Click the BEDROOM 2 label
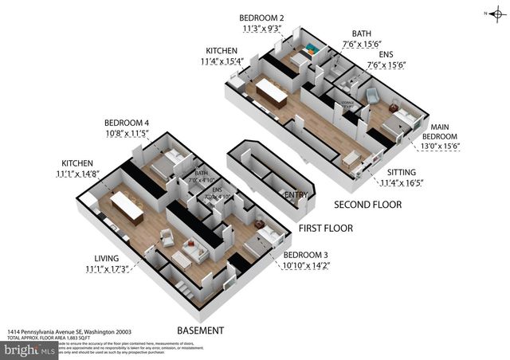point(262,18)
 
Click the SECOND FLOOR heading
point(367,205)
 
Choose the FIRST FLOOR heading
point(325,228)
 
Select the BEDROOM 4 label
point(127,123)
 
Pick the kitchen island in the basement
point(126,206)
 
